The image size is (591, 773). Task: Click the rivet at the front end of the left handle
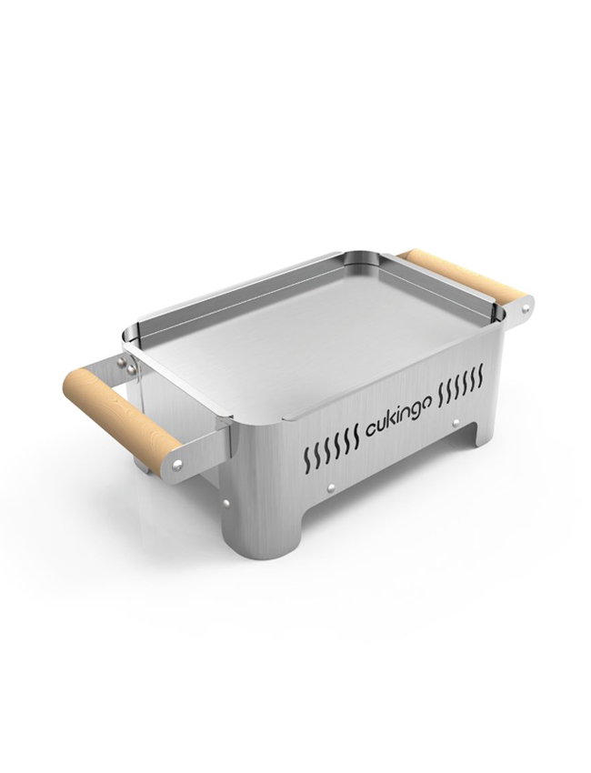point(178,463)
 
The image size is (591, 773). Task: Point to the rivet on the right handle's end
point(526,309)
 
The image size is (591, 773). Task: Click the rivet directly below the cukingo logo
point(331,487)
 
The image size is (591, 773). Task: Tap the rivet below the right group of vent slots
point(456,423)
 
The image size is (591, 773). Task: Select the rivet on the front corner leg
point(226,503)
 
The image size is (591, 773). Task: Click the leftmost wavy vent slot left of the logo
point(307,457)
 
